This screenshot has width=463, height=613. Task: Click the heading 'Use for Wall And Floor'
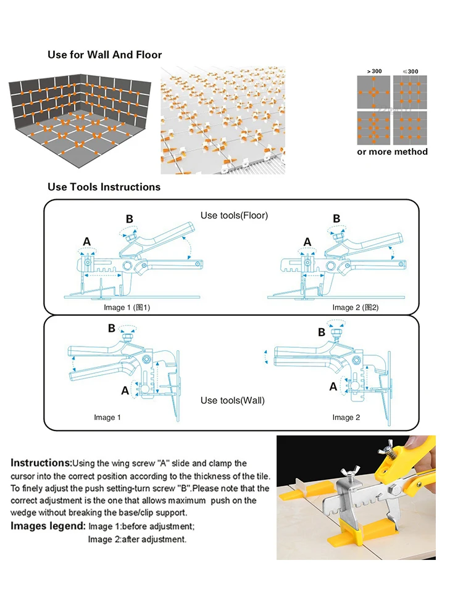(x=104, y=55)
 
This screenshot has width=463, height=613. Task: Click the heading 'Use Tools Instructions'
(x=104, y=187)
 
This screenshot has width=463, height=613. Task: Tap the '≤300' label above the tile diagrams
(x=410, y=72)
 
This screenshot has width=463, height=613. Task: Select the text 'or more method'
(x=392, y=152)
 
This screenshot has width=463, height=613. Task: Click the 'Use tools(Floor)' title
(x=234, y=215)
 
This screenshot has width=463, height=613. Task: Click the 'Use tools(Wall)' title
(x=232, y=400)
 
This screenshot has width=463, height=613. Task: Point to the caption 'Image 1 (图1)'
(x=127, y=307)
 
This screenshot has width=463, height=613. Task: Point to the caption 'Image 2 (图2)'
(x=355, y=307)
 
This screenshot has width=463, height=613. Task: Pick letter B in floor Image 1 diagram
(x=129, y=219)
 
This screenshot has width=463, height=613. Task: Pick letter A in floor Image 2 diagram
(x=307, y=242)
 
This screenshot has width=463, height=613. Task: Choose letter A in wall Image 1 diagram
(x=125, y=390)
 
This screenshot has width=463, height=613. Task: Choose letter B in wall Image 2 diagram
(x=322, y=332)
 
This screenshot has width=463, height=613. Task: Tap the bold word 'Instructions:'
(x=41, y=463)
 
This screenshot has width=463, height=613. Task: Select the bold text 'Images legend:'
(x=48, y=526)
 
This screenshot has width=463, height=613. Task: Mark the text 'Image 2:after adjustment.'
(x=136, y=539)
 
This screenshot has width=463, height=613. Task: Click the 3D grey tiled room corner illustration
(x=81, y=120)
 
